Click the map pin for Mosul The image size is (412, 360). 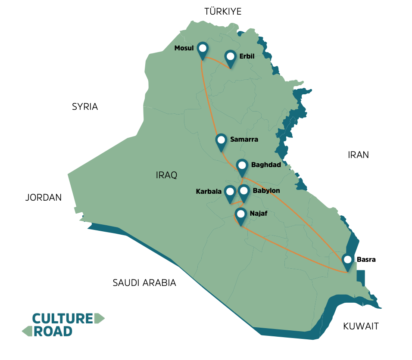coord(202,49)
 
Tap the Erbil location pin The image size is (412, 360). coord(231,57)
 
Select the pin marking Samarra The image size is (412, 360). coord(221,141)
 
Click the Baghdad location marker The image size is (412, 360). coord(242,166)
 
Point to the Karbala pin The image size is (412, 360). coord(230,192)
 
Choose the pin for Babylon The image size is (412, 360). coord(244,192)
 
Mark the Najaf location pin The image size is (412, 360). coord(240,214)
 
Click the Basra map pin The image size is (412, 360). coord(347,261)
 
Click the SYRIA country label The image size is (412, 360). coord(85,107)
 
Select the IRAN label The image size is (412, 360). coord(358,155)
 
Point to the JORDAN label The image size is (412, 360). coord(43,198)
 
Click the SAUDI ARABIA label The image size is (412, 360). coord(144,283)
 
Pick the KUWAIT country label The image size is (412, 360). coord(361,326)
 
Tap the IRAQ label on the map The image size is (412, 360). coord(167,175)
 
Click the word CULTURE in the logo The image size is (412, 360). coord(63,318)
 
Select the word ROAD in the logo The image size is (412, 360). coord(53,331)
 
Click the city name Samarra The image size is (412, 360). coord(244,140)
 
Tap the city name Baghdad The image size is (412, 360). coord(266,165)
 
